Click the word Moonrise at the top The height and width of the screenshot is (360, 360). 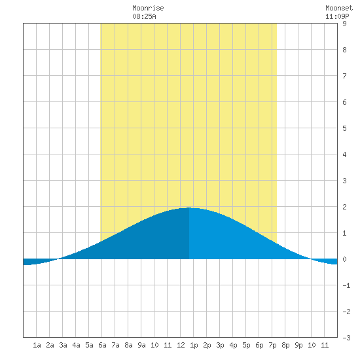pos(148,8)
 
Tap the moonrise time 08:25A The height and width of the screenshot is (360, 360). pos(144,16)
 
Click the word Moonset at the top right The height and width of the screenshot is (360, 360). pos(339,8)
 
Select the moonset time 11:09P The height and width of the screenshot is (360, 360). pos(337,16)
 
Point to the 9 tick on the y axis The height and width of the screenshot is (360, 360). pos(344,24)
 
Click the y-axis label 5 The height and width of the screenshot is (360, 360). pos(344,128)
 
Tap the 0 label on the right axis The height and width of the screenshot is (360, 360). pos(344,259)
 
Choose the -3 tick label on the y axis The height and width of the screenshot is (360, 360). pos(346,338)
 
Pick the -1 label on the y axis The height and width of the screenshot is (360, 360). pos(346,285)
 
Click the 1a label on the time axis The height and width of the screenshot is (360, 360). pos(37,345)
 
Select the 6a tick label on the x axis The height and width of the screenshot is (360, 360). pos(102,345)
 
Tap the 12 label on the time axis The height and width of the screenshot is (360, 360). pos(181,345)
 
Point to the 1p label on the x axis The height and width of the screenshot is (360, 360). pos(194,345)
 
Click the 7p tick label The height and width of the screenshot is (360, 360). pos(272,345)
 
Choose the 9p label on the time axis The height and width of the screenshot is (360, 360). pos(298,345)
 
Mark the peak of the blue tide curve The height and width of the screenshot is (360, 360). pos(189,207)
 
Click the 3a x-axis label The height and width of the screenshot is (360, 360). pos(63,345)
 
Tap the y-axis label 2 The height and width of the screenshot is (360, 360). pos(344,207)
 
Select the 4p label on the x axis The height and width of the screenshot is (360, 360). pos(233,345)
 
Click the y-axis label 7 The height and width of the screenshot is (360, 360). pos(344,76)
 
